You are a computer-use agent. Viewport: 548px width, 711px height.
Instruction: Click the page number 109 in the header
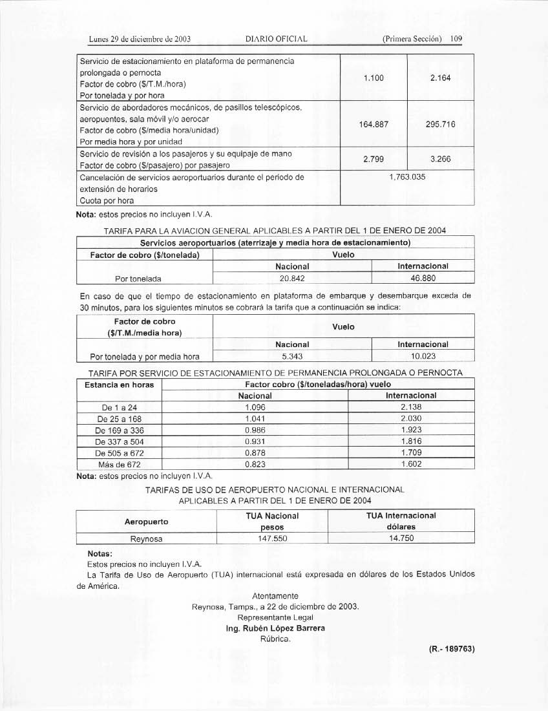coord(456,39)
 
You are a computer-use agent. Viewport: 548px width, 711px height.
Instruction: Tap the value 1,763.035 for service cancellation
coord(407,176)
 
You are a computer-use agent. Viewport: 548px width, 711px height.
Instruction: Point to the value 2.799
coord(374,158)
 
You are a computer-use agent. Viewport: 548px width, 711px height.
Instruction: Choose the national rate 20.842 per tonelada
coord(292,278)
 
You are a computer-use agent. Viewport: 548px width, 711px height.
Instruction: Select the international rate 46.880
coord(423,278)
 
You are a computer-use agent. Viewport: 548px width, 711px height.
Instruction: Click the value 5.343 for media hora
coord(292,356)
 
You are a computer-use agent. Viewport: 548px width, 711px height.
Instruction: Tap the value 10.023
coord(423,356)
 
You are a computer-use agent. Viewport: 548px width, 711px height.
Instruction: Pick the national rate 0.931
coord(255,441)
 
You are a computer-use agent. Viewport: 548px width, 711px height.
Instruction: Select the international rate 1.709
coord(411,452)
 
